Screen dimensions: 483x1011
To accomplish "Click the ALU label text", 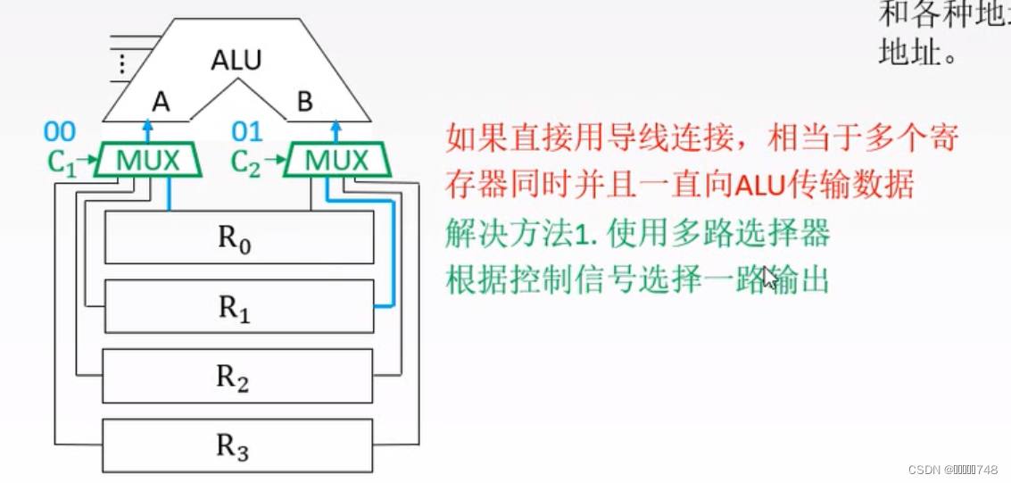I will (x=236, y=61).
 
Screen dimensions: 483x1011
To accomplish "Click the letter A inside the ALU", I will (x=161, y=103).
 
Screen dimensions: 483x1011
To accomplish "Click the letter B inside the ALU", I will (x=304, y=103).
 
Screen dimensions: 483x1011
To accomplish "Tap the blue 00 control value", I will (x=60, y=133).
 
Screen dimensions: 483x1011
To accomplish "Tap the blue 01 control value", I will (x=247, y=133).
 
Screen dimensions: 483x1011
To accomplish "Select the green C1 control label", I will (x=62, y=163).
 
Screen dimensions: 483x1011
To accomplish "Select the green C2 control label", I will (x=247, y=163).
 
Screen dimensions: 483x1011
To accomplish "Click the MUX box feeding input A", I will (x=149, y=162).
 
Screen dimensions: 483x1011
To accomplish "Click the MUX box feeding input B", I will (x=336, y=162).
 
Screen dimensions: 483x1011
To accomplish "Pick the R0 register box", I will (x=238, y=237).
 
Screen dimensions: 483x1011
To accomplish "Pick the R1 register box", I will (x=238, y=306).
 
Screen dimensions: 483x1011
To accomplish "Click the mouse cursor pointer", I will (x=768, y=278).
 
